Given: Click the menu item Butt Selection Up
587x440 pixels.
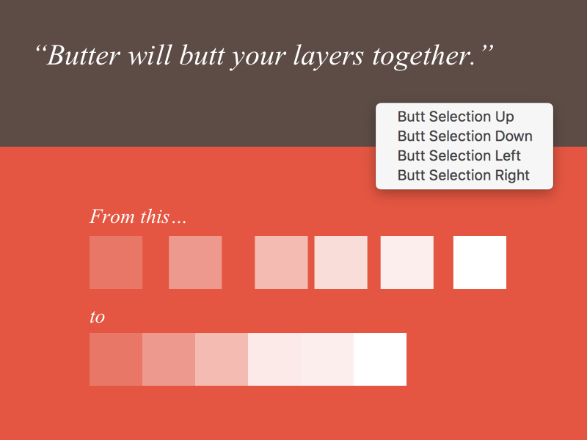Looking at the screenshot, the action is click(456, 117).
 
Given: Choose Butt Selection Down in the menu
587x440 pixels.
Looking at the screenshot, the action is click(465, 136).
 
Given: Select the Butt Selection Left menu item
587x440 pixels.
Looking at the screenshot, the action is click(459, 155).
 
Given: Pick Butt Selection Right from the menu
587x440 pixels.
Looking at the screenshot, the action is click(464, 175).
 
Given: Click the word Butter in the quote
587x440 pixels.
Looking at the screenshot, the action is click(84, 56).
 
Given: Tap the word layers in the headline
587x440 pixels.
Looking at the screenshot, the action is click(328, 57).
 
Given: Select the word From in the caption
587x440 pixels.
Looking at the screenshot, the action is click(112, 216).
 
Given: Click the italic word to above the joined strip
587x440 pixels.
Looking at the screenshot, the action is click(98, 317).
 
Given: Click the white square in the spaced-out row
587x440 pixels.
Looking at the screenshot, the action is click(480, 263).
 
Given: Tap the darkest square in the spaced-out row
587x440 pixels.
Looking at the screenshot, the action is click(116, 263).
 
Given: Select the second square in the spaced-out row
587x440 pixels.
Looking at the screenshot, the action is click(195, 263).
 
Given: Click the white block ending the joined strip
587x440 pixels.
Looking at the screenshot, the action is click(380, 359).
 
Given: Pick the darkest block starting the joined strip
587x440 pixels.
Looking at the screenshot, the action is click(116, 359).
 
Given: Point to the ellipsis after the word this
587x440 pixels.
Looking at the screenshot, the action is click(179, 223).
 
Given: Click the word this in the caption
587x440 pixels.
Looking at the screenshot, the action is click(155, 216).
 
